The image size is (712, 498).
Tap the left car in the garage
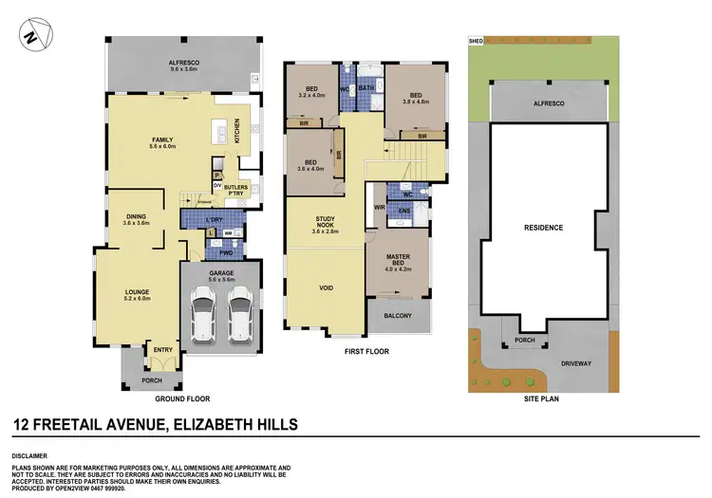point(202,315)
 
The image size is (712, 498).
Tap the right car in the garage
point(239,315)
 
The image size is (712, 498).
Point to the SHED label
point(477,41)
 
